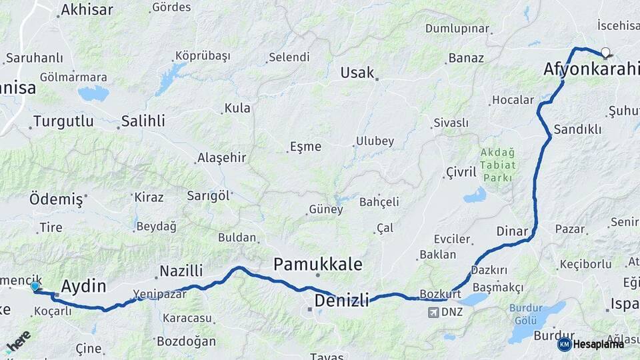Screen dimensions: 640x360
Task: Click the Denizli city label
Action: point(341,300)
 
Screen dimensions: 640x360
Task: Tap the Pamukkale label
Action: point(318,265)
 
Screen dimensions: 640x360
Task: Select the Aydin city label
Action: point(83,287)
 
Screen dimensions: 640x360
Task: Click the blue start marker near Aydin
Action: point(35,286)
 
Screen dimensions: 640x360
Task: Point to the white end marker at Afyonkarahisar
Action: point(605,53)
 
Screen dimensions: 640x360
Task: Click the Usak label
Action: point(357,73)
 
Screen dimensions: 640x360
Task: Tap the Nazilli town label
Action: point(181,271)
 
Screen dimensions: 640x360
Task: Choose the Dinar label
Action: point(512,231)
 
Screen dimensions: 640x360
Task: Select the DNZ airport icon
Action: point(433,312)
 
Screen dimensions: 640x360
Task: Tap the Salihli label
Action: point(143,122)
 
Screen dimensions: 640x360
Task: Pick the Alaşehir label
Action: point(222,158)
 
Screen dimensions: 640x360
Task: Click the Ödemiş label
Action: point(57,199)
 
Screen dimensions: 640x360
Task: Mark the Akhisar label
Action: point(87,10)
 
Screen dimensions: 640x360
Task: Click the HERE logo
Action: point(18,341)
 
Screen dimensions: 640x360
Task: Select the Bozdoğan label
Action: point(186,341)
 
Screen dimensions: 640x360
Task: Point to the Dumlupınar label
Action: point(457,29)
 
